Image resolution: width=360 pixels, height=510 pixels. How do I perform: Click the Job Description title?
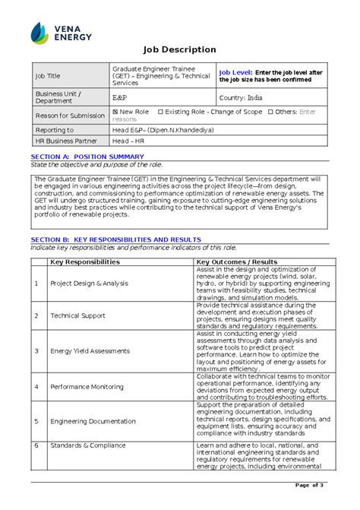[180, 49]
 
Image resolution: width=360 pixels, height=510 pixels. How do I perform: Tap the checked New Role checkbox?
[115, 112]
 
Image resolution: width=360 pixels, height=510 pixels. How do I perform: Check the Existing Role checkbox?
[160, 112]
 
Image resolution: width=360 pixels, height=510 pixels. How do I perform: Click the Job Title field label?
[47, 76]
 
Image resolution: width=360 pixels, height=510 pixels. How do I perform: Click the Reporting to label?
[55, 130]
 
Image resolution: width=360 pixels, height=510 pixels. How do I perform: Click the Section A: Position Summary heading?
[82, 157]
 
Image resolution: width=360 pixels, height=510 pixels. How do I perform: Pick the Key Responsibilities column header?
[84, 261]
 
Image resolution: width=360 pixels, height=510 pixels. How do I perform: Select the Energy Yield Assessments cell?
[90, 351]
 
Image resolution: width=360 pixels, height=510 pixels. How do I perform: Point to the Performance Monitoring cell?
[87, 387]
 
